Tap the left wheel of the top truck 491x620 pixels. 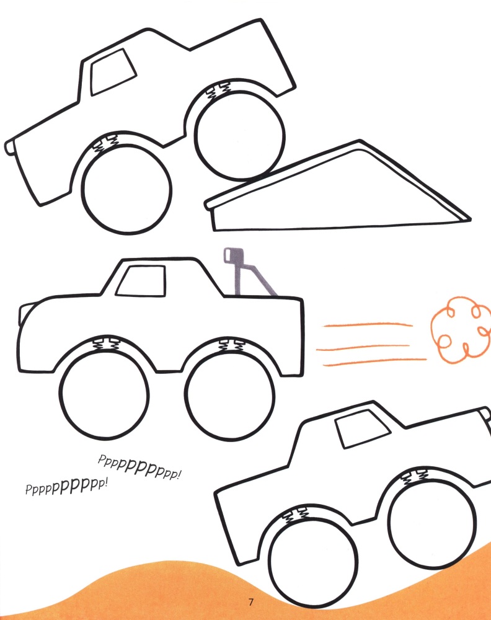126,189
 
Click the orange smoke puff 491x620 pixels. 460,330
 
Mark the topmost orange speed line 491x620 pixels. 368,325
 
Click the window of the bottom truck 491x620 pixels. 362,428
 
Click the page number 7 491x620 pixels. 250,602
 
